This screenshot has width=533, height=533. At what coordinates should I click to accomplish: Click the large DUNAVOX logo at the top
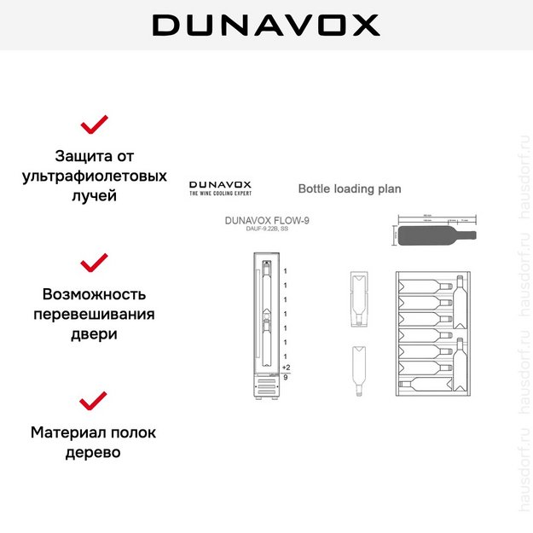(x=266, y=25)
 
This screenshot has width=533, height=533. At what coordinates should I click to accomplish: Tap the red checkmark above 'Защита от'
(x=94, y=125)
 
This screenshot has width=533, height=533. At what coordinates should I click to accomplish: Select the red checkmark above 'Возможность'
(x=94, y=262)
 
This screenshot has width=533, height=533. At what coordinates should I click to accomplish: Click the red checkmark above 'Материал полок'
(x=94, y=399)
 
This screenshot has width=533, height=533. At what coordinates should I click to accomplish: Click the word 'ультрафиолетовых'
(x=94, y=177)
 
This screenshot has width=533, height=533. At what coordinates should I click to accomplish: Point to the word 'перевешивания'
(x=94, y=314)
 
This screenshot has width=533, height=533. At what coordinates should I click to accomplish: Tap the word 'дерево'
(x=94, y=452)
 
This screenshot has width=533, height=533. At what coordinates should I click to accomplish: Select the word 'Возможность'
(x=94, y=294)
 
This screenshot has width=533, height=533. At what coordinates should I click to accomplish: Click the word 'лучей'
(x=94, y=196)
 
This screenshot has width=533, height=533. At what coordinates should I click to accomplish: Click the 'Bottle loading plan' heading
(x=349, y=188)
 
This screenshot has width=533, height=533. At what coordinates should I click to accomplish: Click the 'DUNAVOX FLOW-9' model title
(x=267, y=220)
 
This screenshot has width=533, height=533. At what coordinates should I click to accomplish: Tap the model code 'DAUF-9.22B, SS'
(x=267, y=230)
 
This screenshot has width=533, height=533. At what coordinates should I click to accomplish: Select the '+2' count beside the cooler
(x=286, y=368)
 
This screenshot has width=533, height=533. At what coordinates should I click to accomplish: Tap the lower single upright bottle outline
(x=358, y=372)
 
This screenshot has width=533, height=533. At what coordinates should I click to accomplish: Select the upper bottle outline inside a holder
(x=358, y=298)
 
